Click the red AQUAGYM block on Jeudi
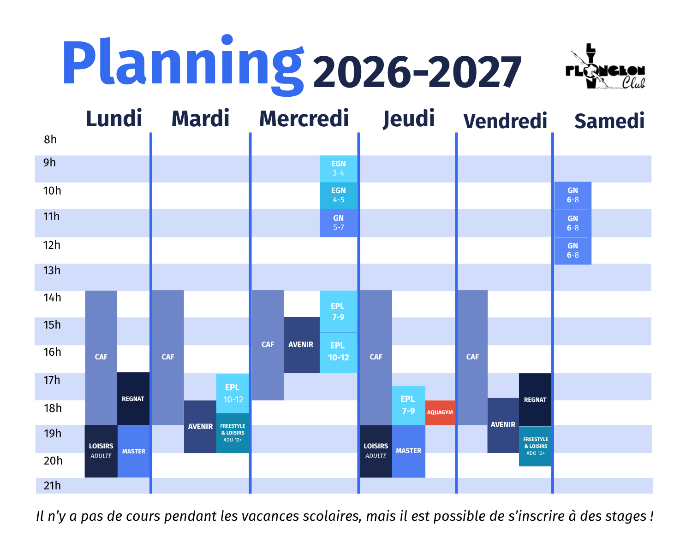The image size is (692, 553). click(x=440, y=412)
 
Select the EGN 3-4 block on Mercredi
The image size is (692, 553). click(x=338, y=169)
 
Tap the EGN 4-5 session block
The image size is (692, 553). click(x=338, y=196)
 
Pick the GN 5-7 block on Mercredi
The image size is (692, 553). click(x=338, y=223)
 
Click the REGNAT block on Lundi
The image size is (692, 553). click(x=133, y=399)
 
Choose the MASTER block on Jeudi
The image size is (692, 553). click(x=409, y=451)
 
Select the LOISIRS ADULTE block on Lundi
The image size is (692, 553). click(x=101, y=451)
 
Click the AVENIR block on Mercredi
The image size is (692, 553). click(x=301, y=345)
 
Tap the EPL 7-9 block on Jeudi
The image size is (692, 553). click(x=408, y=406)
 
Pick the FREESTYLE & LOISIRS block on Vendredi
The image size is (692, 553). click(x=536, y=447)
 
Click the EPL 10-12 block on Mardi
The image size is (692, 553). click(x=233, y=393)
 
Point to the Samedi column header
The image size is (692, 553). click(x=609, y=121)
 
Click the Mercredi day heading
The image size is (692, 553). click(x=304, y=118)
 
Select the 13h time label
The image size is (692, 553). click(x=52, y=271)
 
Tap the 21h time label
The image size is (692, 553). click(x=52, y=486)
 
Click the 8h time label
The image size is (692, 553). click(x=50, y=140)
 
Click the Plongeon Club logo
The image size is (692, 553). click(x=605, y=66)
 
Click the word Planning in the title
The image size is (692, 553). click(x=183, y=64)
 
